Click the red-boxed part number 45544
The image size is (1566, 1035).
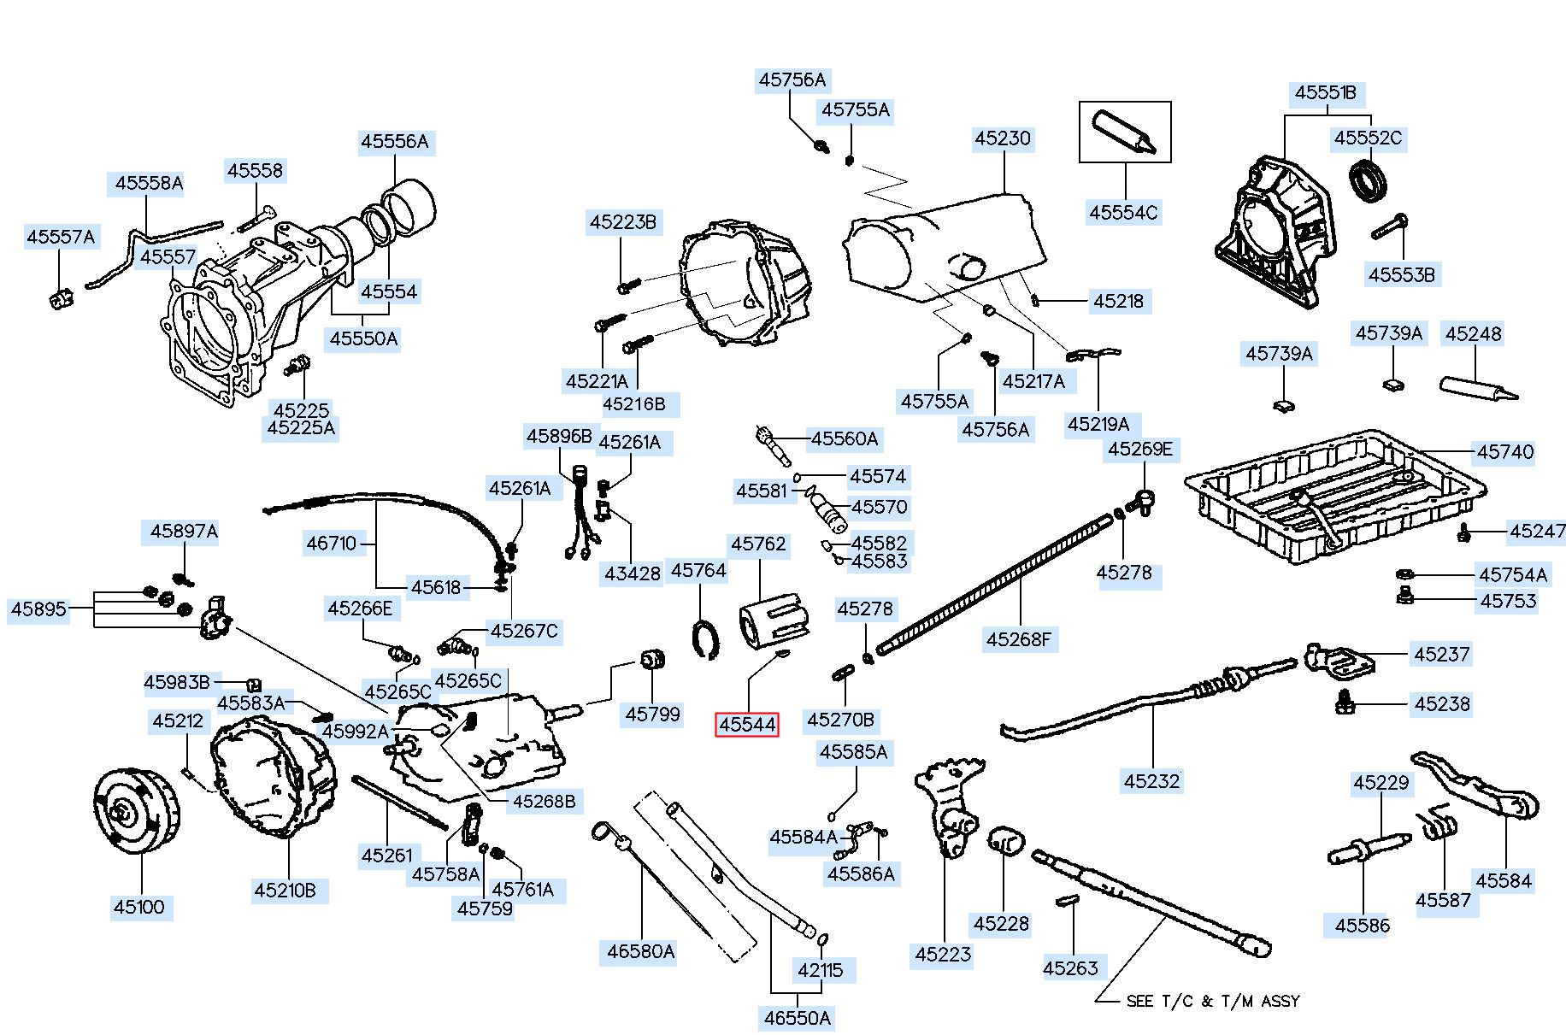click(x=747, y=725)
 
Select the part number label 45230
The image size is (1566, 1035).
click(x=1003, y=138)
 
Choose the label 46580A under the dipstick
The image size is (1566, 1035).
click(x=640, y=951)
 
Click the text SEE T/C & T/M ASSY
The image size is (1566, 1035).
click(x=1212, y=1001)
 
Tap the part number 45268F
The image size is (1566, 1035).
click(x=1018, y=639)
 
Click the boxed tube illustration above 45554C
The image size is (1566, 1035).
click(x=1124, y=132)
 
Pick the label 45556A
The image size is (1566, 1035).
click(x=394, y=141)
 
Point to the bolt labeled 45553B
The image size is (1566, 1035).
click(x=1389, y=227)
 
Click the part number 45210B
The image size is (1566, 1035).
click(x=285, y=891)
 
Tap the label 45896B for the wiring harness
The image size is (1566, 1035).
click(x=559, y=436)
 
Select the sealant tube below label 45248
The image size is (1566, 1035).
click(x=1477, y=389)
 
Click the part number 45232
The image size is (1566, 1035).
click(x=1151, y=780)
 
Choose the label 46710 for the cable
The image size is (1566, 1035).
click(x=332, y=543)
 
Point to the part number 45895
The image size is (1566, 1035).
click(x=38, y=609)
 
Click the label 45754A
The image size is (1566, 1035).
click(x=1513, y=574)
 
